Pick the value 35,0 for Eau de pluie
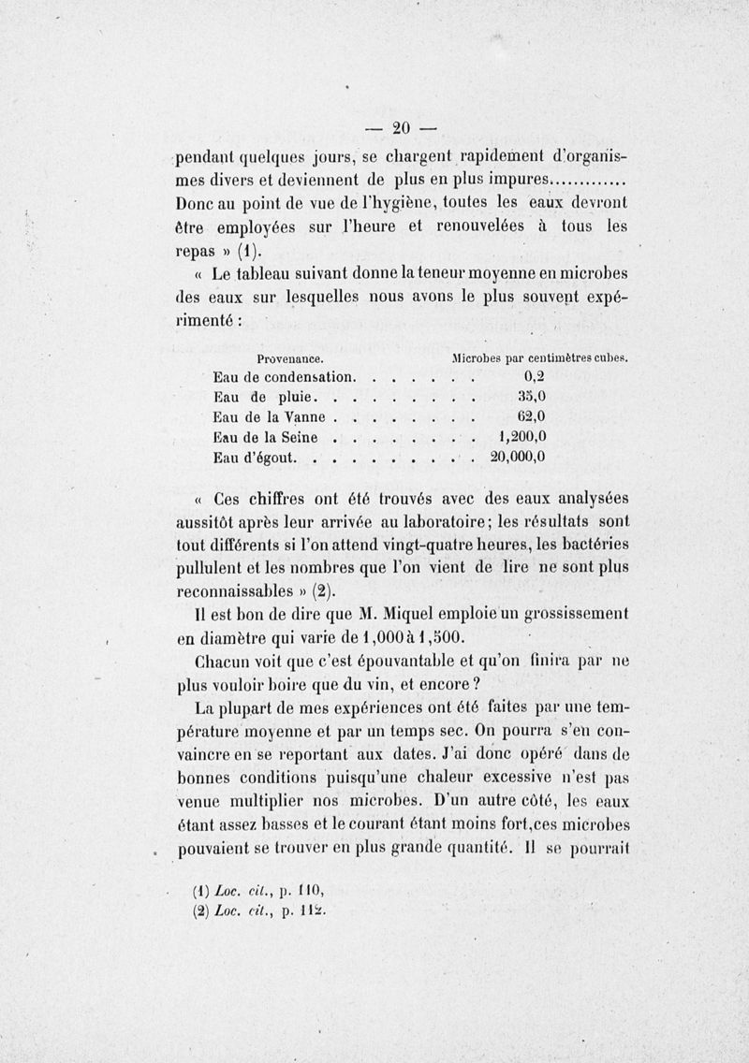[531, 397]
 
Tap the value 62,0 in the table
[531, 417]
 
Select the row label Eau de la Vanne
[272, 417]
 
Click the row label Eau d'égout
[255, 458]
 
